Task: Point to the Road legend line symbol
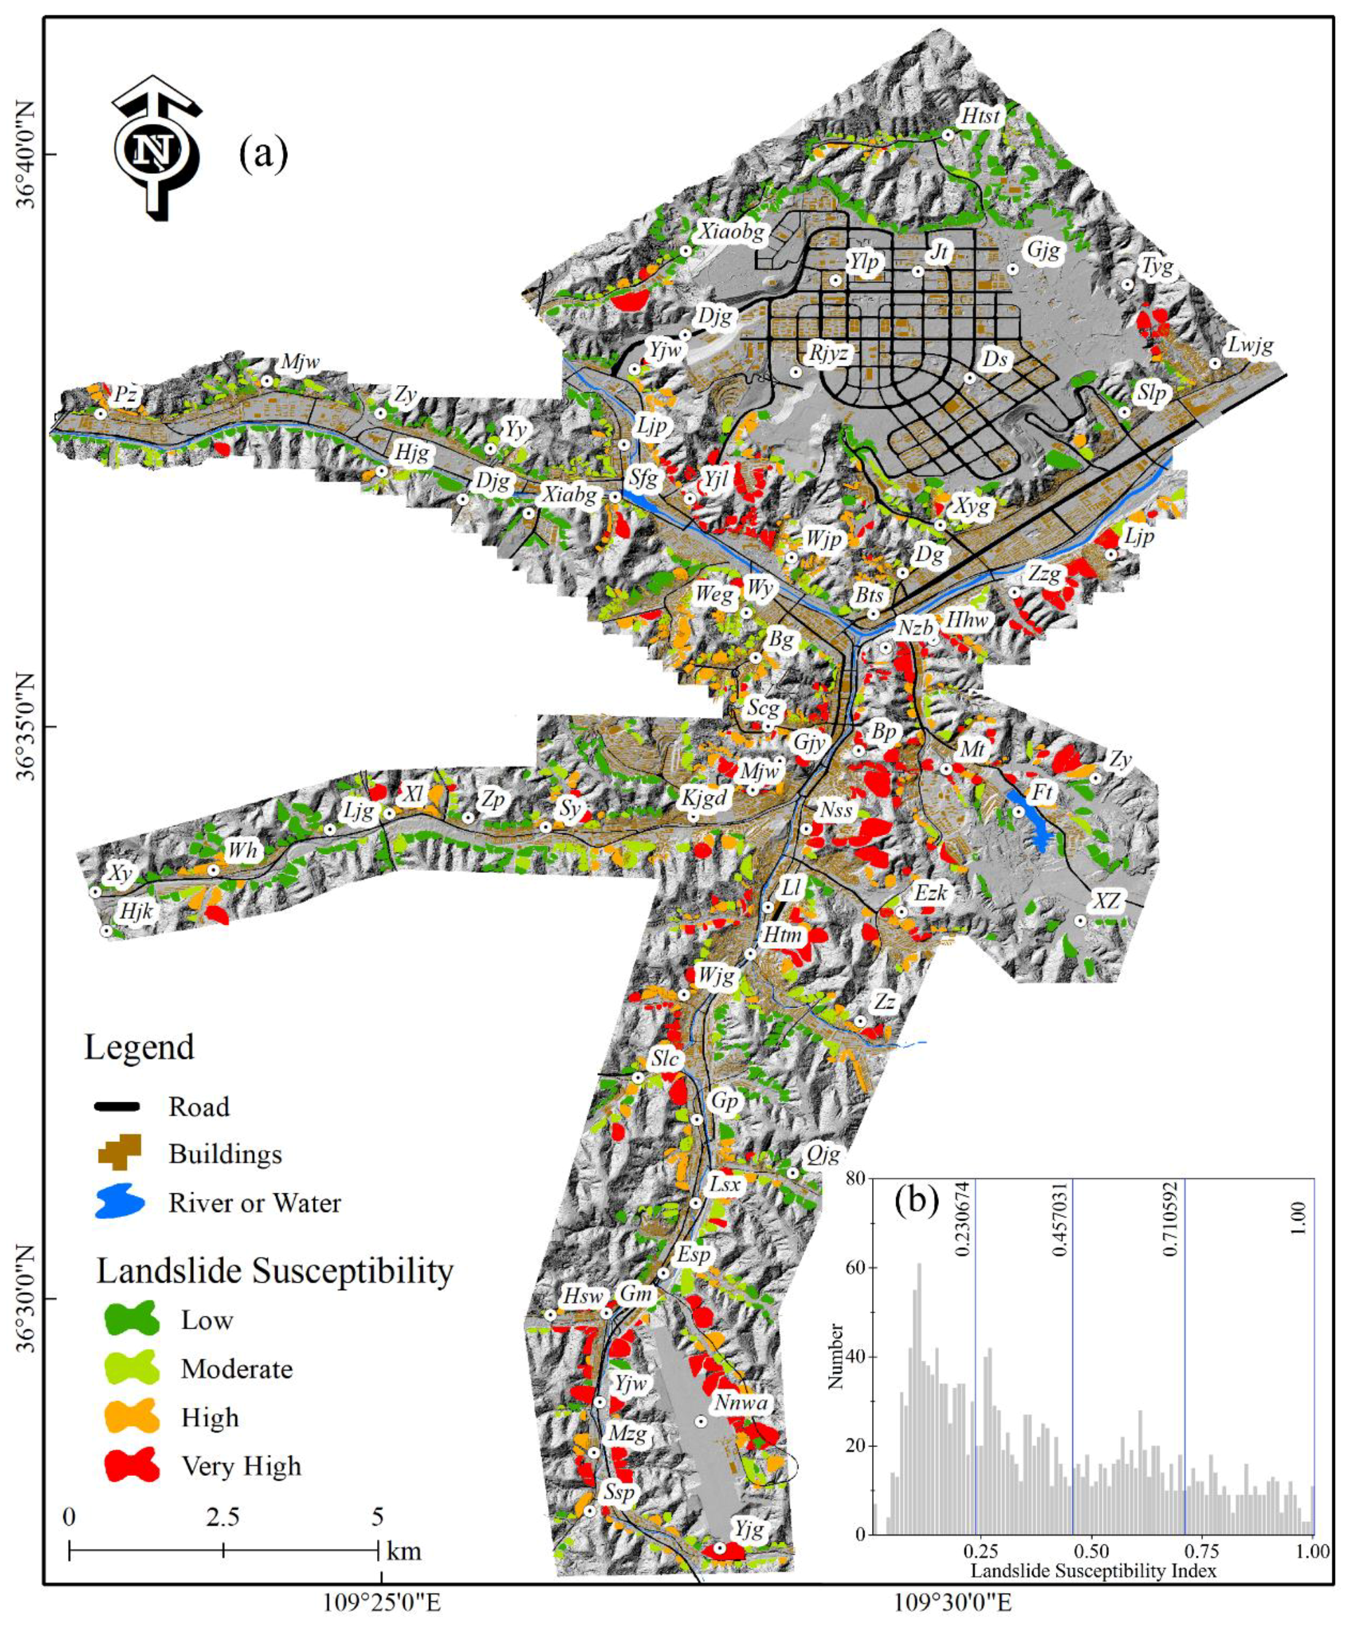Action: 117,1106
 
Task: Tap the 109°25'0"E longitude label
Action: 380,1603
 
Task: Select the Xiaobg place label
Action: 730,231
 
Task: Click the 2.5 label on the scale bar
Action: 223,1517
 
